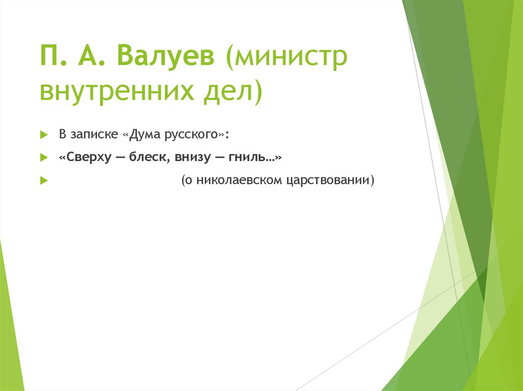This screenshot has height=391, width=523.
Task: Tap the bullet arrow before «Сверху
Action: pos(43,159)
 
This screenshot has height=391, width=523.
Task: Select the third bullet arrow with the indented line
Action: pos(43,181)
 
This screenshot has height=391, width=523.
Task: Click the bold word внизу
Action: pos(193,159)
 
